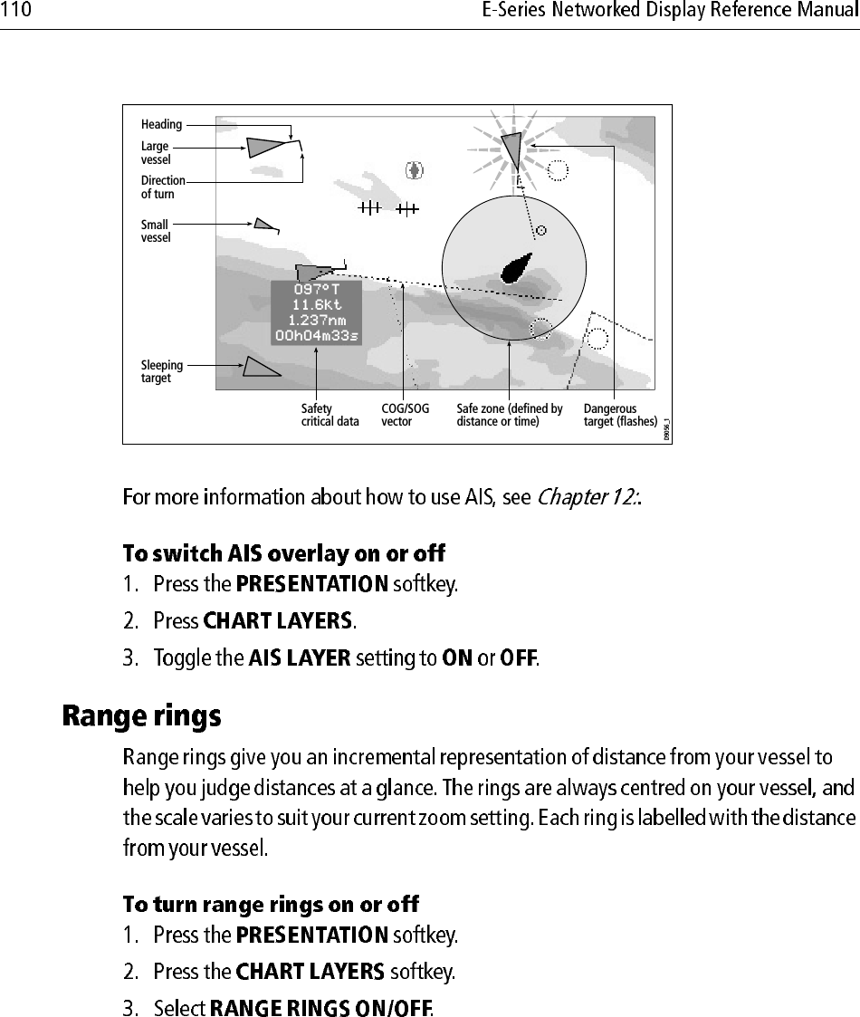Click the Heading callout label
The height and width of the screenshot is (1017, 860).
click(x=161, y=124)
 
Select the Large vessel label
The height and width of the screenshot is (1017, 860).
click(x=155, y=152)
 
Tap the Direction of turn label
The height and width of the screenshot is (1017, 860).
click(x=162, y=187)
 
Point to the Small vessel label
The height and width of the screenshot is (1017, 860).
click(x=155, y=231)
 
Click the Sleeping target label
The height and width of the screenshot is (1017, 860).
click(x=161, y=371)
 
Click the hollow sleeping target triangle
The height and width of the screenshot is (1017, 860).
click(x=259, y=367)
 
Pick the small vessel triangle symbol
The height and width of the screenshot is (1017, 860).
click(x=263, y=224)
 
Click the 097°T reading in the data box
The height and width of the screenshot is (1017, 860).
click(x=316, y=290)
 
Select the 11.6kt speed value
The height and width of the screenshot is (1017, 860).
click(x=316, y=305)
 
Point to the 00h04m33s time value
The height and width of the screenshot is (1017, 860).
click(x=316, y=335)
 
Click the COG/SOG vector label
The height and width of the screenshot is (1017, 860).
click(x=405, y=415)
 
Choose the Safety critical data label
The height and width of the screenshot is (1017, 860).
click(x=330, y=415)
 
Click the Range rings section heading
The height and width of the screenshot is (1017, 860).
click(x=141, y=717)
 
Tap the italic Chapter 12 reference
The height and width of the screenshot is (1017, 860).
click(x=588, y=498)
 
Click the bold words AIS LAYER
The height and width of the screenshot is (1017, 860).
click(x=299, y=658)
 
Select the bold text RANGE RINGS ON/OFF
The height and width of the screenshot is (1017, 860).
click(x=321, y=1007)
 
